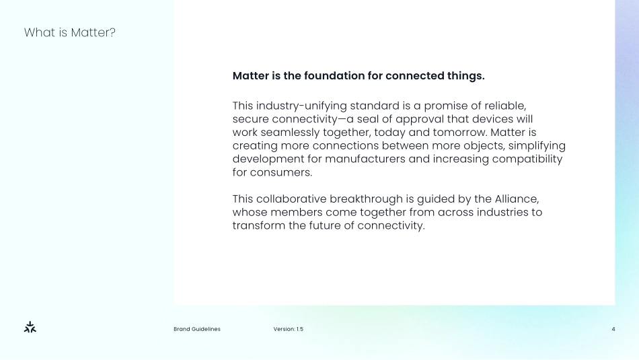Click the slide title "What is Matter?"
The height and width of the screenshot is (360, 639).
point(70,32)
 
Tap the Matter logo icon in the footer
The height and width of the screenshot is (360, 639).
point(30,327)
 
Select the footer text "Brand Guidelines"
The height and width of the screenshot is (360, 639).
point(197,329)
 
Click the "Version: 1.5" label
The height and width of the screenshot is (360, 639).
point(289,329)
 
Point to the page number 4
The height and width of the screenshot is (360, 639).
point(613,329)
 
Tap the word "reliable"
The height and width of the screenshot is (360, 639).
point(504,106)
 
